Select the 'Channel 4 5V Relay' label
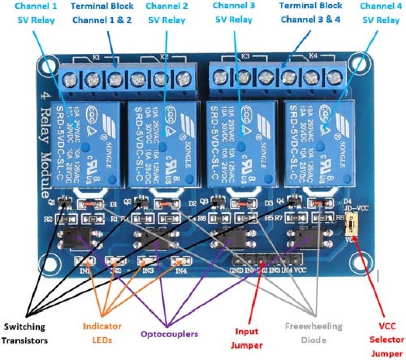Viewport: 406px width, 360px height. [380, 13]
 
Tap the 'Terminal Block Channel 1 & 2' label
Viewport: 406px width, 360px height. [102, 13]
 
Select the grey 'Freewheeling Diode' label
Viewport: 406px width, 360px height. [314, 333]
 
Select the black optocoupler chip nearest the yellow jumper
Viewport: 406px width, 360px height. [308, 236]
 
